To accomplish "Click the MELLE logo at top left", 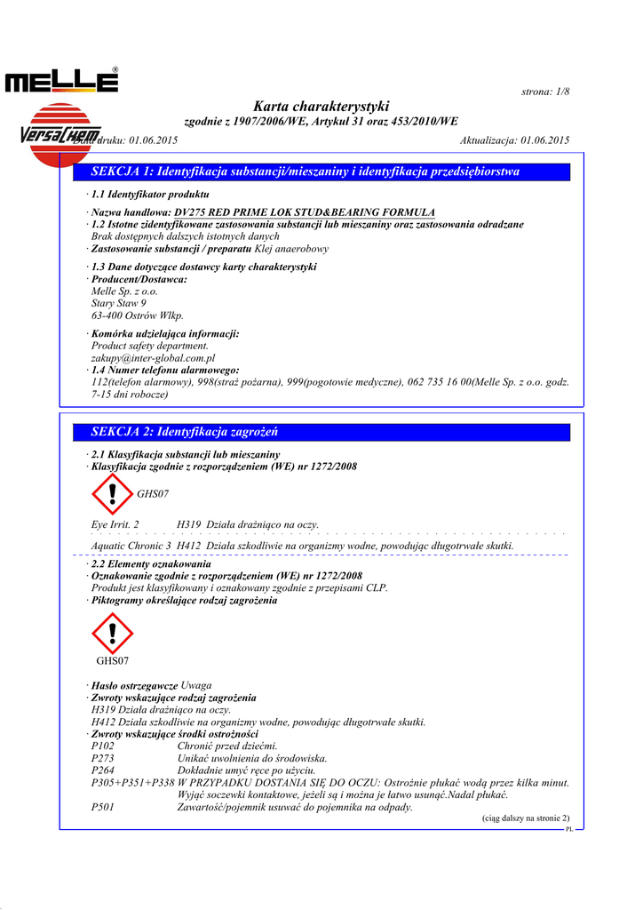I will [x=61, y=82].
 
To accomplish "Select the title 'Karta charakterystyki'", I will [x=321, y=107].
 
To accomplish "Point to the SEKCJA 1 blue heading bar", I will [x=321, y=172].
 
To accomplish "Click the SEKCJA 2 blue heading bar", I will [x=321, y=432].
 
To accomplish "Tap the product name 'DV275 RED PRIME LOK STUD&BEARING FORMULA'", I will [x=305, y=212].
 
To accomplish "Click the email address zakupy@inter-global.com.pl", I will [x=154, y=358].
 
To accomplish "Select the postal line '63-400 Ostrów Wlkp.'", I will [x=138, y=315].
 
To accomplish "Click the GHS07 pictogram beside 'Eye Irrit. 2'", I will [x=112, y=494].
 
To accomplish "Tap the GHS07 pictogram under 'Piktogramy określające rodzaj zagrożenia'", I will [x=112, y=634].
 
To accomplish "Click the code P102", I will [x=103, y=746].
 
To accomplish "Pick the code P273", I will [x=103, y=759].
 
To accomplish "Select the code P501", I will [x=103, y=807].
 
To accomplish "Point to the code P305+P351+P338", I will [x=132, y=783].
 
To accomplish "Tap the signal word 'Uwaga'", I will [x=196, y=686].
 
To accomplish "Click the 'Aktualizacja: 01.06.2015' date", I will [x=515, y=140].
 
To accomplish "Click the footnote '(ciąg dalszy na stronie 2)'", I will [x=526, y=818].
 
